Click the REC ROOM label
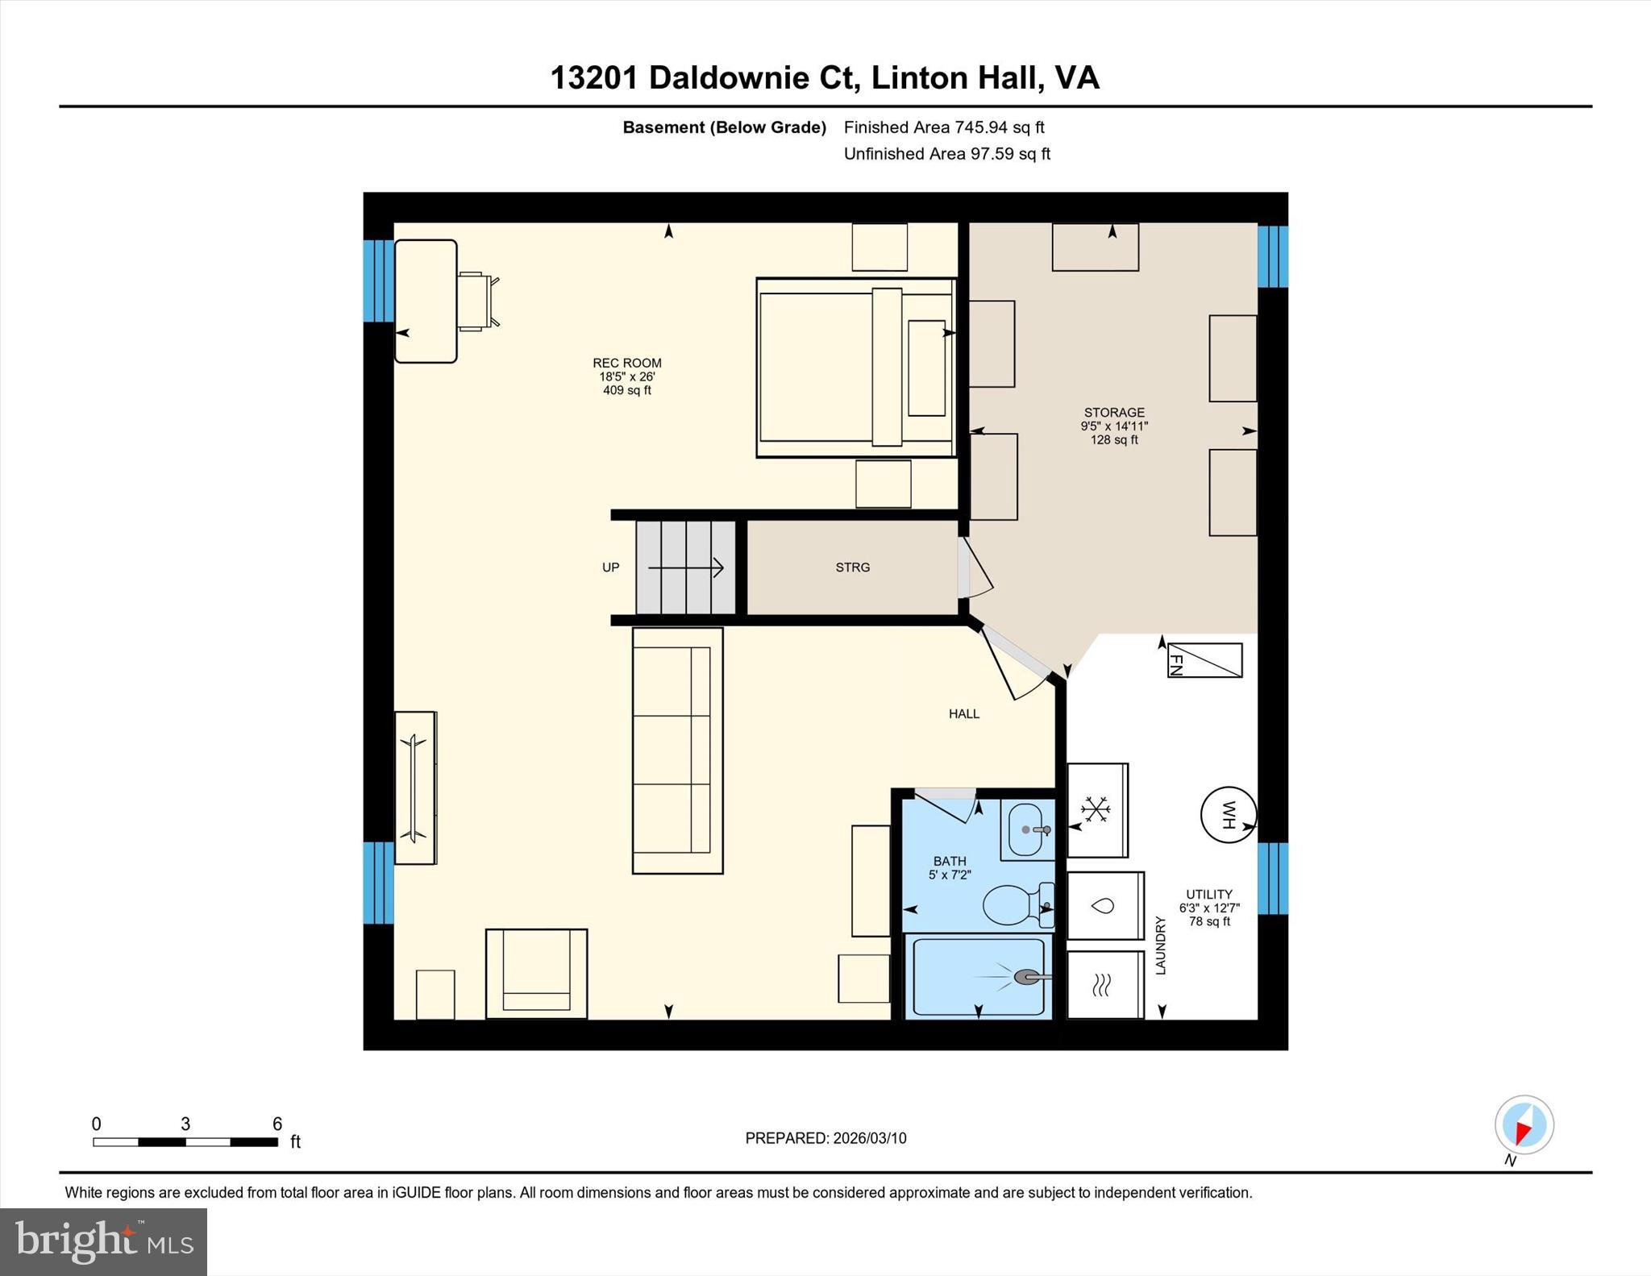pyautogui.click(x=626, y=364)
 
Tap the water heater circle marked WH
pyautogui.click(x=1228, y=815)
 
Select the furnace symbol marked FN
pyautogui.click(x=1204, y=660)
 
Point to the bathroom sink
pyautogui.click(x=1028, y=829)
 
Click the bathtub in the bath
pyautogui.click(x=978, y=977)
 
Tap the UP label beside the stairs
pyautogui.click(x=610, y=567)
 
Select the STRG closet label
pyautogui.click(x=852, y=567)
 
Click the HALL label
pyautogui.click(x=963, y=713)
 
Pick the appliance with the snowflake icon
pyautogui.click(x=1096, y=809)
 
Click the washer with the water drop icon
pyautogui.click(x=1104, y=905)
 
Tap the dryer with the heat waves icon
pyautogui.click(x=1104, y=984)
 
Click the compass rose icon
pyautogui.click(x=1524, y=1124)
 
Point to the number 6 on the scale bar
pyautogui.click(x=277, y=1124)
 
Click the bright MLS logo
pyautogui.click(x=103, y=1241)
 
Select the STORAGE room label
pyautogui.click(x=1113, y=413)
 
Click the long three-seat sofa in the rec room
pyautogui.click(x=677, y=750)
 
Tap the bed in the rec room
pyautogui.click(x=855, y=368)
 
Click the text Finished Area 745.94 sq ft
pyautogui.click(x=943, y=127)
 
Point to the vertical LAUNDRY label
pyautogui.click(x=1161, y=946)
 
